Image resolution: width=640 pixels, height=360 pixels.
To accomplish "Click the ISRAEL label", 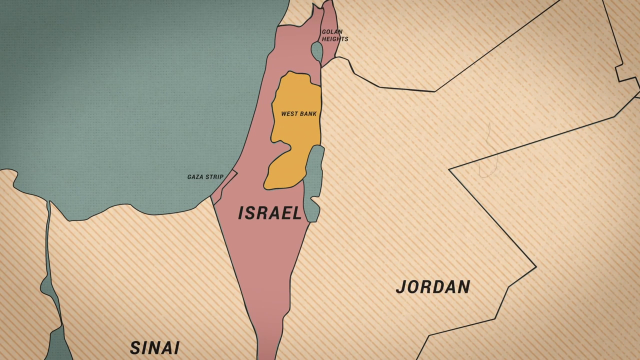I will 270,213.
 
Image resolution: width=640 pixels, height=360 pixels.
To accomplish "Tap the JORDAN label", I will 433,287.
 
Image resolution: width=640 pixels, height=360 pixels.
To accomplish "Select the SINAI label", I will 154,347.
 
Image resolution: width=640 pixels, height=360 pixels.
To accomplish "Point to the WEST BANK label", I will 298,114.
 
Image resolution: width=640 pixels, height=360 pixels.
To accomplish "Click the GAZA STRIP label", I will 205,177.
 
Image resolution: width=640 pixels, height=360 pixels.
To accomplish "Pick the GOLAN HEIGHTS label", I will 334,35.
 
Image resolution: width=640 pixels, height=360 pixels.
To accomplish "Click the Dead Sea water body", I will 313,180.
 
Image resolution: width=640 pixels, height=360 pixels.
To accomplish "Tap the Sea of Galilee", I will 316,50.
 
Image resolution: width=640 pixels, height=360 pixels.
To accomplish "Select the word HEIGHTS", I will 335,39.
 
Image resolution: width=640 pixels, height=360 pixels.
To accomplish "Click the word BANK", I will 308,114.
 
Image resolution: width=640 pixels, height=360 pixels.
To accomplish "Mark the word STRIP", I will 215,177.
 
